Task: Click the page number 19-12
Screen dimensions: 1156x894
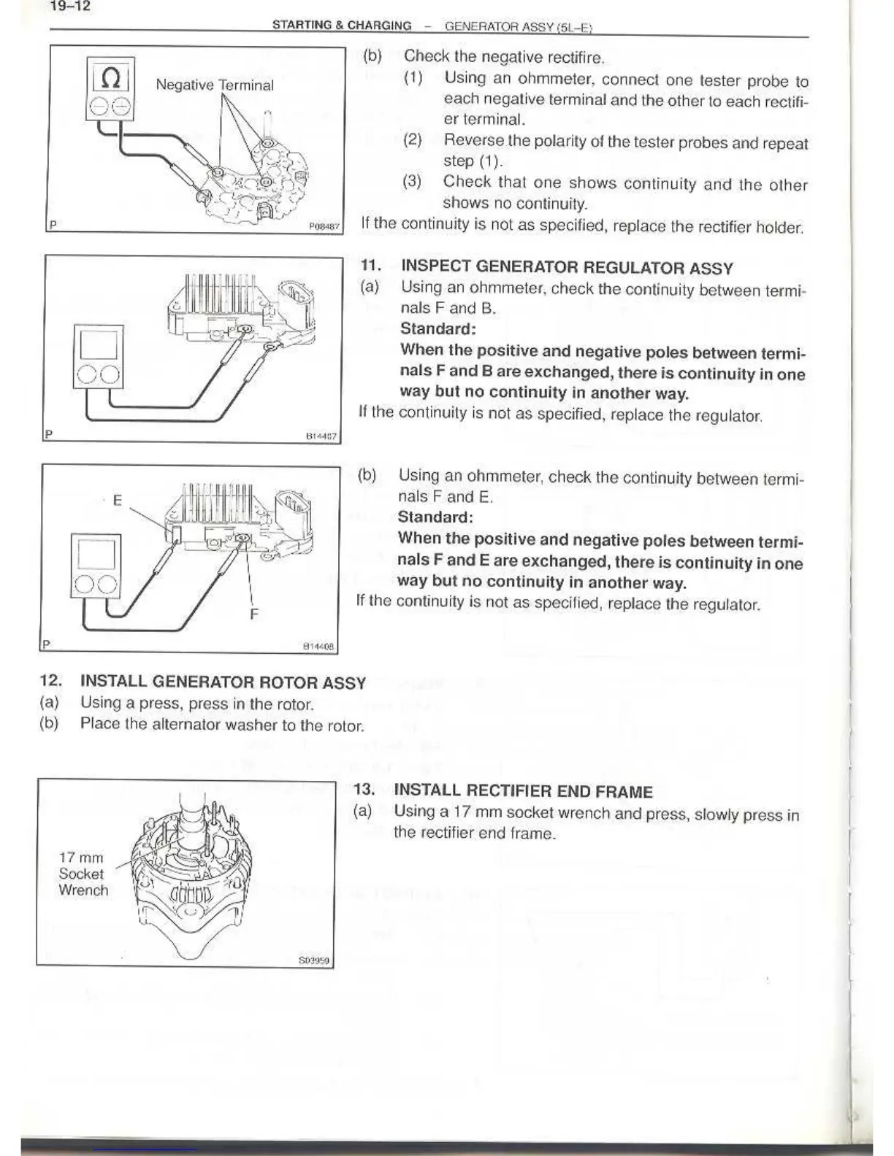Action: coord(69,8)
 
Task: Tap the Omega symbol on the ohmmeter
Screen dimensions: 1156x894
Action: coord(110,77)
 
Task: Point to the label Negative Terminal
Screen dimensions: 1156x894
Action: coord(215,85)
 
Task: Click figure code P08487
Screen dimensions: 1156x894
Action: coord(324,227)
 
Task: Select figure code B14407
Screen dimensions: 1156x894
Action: coord(321,436)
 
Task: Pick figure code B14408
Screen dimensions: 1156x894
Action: coord(318,646)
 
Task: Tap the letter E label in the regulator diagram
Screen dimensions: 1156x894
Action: coord(117,500)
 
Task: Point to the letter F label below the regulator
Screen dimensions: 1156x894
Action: coord(253,614)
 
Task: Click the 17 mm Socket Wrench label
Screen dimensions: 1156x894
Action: coord(83,874)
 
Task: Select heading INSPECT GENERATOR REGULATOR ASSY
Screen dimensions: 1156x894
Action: coord(567,268)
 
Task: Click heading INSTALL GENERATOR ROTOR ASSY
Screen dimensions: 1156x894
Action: coord(223,682)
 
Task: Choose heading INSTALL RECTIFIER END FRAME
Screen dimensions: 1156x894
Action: coord(523,791)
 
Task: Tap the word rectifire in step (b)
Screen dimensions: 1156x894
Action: coord(575,57)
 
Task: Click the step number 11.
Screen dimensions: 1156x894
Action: coord(371,267)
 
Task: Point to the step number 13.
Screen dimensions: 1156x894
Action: coord(364,790)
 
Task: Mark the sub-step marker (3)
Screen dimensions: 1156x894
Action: coord(413,182)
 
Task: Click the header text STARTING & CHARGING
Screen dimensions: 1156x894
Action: coord(342,26)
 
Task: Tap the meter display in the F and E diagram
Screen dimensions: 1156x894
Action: coord(97,553)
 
